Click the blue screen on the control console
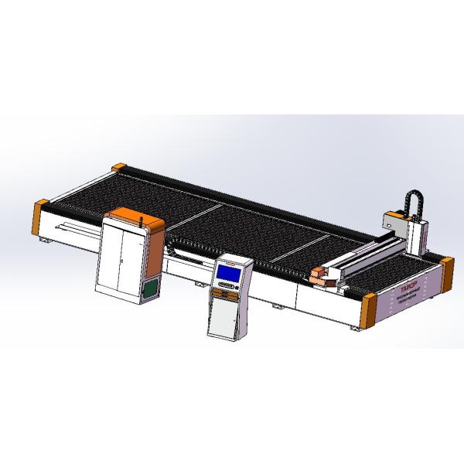click(x=229, y=271)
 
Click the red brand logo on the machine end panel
click(x=407, y=284)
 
